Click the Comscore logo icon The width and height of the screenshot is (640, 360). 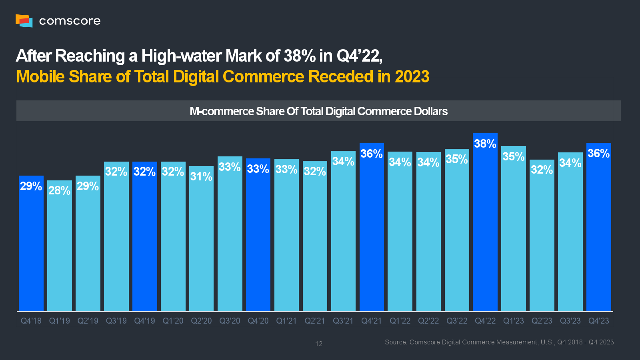pyautogui.click(x=24, y=20)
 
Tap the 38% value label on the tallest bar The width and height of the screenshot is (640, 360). pyautogui.click(x=485, y=144)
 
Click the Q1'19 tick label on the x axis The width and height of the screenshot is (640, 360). pyautogui.click(x=59, y=321)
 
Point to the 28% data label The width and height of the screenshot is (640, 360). pyautogui.click(x=59, y=190)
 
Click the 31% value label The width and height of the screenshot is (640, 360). pyautogui.click(x=201, y=176)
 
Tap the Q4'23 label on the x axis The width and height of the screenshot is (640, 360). pyautogui.click(x=598, y=321)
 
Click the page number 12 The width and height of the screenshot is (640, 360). pyautogui.click(x=319, y=344)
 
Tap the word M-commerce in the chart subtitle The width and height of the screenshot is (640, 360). pyautogui.click(x=221, y=111)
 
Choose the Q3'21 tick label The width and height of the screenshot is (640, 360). pyautogui.click(x=343, y=321)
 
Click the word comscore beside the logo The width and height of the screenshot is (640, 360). pyautogui.click(x=70, y=21)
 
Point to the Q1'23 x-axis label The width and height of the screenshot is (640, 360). pyautogui.click(x=514, y=321)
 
